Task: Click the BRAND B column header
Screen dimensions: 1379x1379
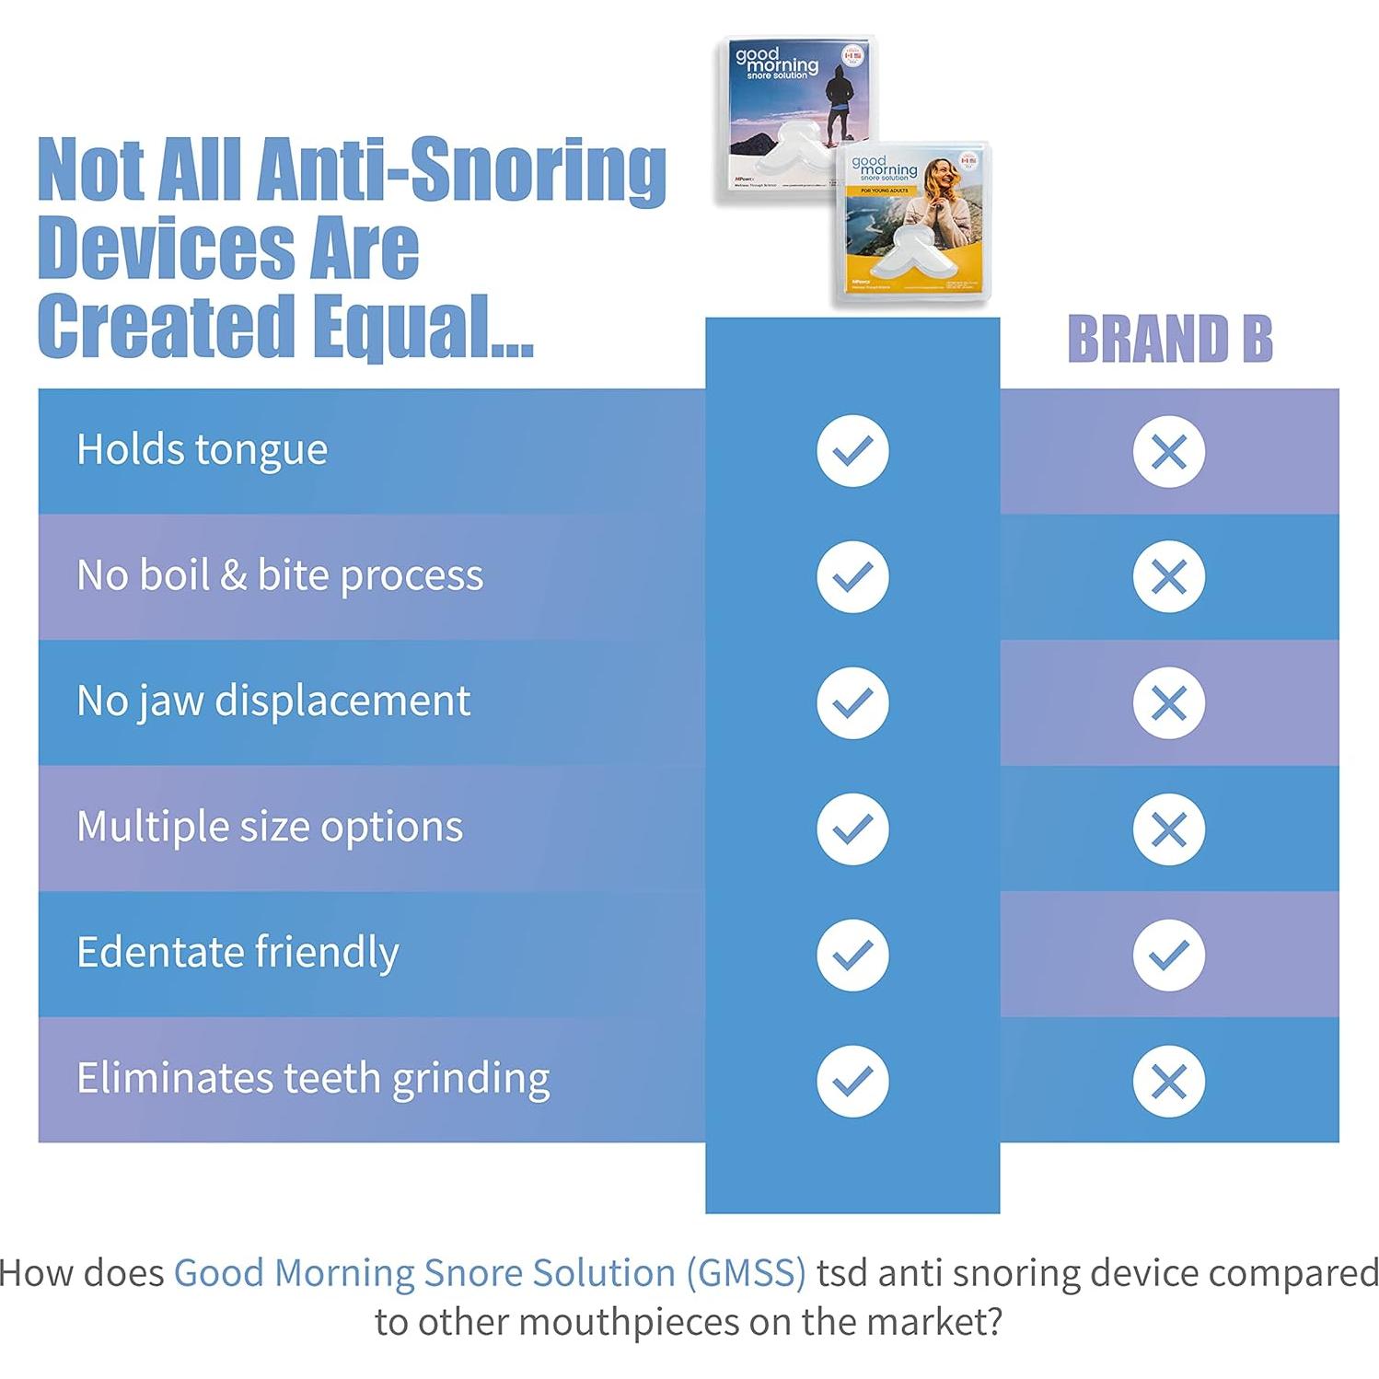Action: coord(1169,339)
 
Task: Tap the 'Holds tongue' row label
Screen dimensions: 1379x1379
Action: coord(202,450)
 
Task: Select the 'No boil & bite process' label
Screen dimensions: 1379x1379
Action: coord(280,575)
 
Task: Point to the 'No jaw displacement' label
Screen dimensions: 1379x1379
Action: coord(273,701)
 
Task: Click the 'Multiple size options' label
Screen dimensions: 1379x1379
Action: coord(270,827)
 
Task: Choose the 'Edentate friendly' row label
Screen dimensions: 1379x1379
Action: coord(238,953)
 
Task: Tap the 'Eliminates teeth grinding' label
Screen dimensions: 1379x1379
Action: coord(313,1078)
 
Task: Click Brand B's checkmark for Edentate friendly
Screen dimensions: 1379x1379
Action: coord(1168,955)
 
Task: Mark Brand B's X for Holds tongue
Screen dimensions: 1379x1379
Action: coord(1168,452)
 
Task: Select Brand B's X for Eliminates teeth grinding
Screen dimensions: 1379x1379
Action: coord(1168,1081)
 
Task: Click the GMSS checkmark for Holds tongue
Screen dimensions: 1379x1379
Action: coord(852,451)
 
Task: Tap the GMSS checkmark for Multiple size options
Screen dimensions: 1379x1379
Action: coord(852,829)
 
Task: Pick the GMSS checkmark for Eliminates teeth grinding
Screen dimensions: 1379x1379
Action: coord(852,1081)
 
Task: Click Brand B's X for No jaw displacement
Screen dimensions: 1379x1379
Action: coord(1168,703)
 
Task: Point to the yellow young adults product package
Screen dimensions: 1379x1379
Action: coord(911,226)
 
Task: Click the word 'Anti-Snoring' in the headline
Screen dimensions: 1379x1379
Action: coord(460,171)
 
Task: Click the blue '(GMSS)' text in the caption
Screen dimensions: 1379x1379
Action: coord(746,1273)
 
